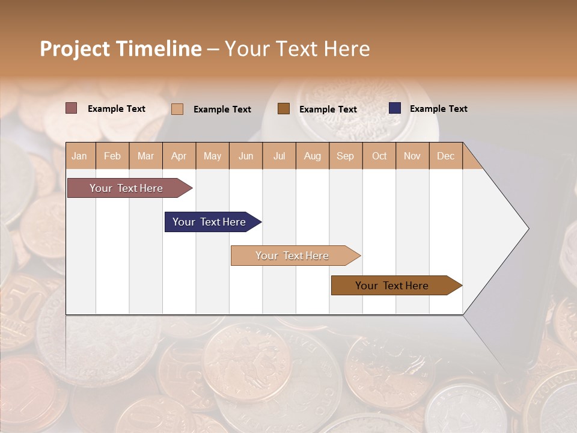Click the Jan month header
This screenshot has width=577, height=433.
pyautogui.click(x=79, y=156)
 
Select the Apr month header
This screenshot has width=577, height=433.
pyautogui.click(x=179, y=156)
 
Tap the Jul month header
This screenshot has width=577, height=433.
pyautogui.click(x=279, y=156)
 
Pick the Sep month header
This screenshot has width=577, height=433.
pyautogui.click(x=345, y=156)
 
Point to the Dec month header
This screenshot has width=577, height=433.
pyautogui.click(x=445, y=156)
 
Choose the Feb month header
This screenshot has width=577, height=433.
pyautogui.click(x=112, y=156)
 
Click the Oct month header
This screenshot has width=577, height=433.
pyautogui.click(x=379, y=156)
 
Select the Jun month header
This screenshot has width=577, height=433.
pyautogui.click(x=246, y=156)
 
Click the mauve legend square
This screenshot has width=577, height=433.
pyautogui.click(x=72, y=108)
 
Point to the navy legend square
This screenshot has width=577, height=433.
pyautogui.click(x=394, y=108)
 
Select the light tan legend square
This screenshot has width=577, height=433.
pyautogui.click(x=177, y=109)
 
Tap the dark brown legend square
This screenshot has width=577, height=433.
pyautogui.click(x=284, y=109)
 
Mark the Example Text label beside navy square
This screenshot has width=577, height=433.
pyautogui.click(x=438, y=109)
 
